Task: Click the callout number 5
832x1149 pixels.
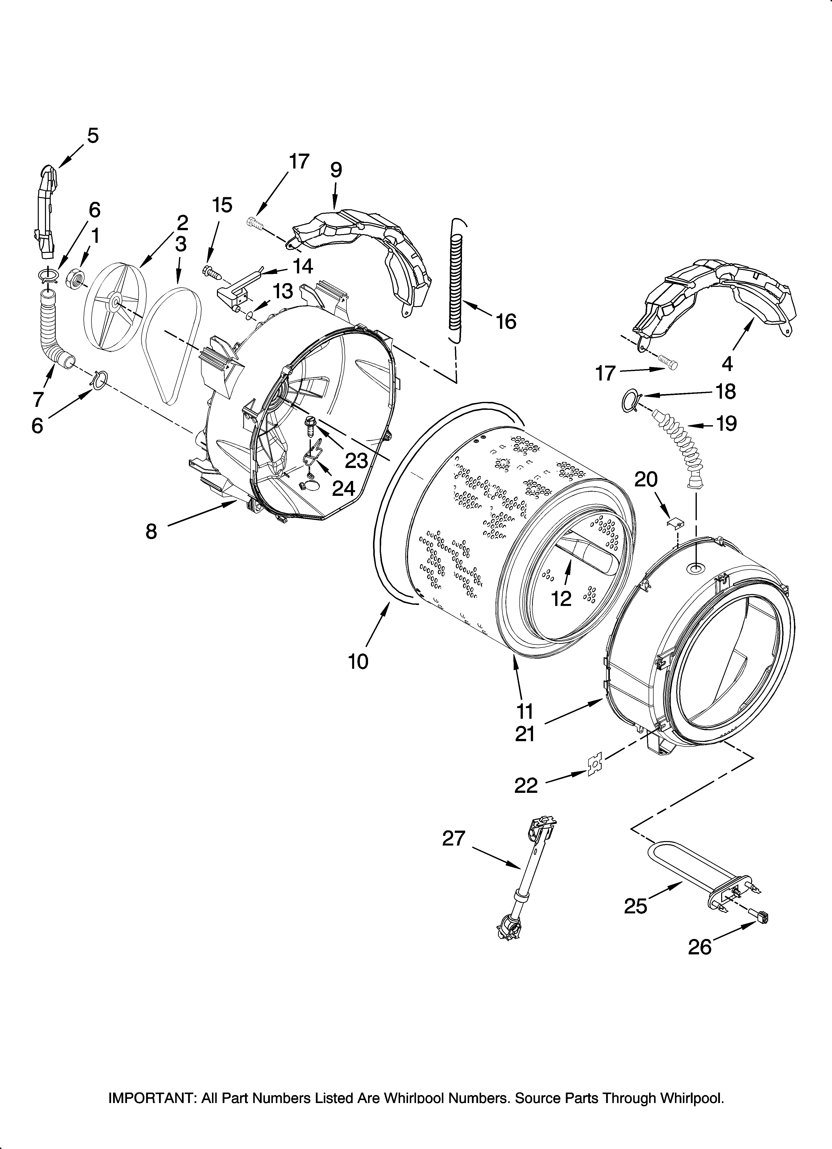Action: click(x=93, y=136)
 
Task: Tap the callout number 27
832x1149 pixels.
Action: click(x=454, y=838)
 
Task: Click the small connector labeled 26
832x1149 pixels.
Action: click(x=760, y=916)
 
